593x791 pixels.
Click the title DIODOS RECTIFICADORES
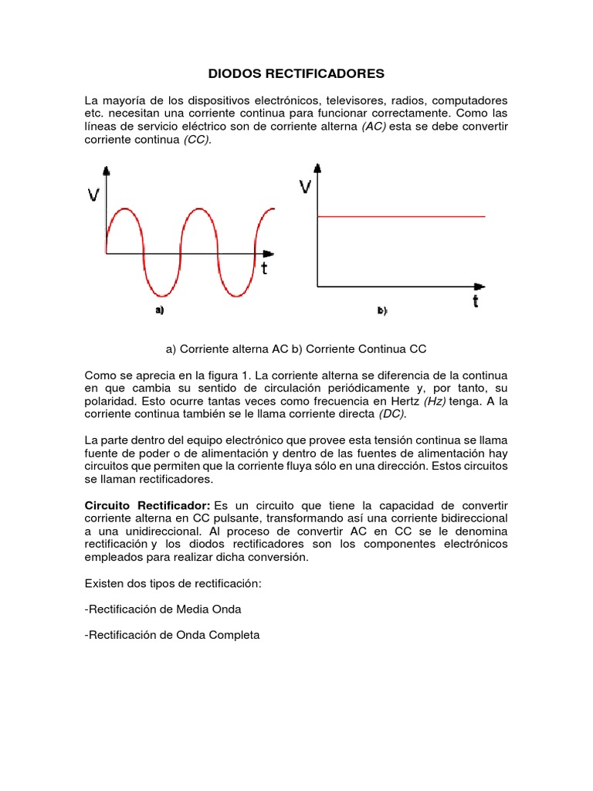coord(296,74)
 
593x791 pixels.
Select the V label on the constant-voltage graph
coord(306,186)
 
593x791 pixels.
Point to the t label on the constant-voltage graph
coord(476,301)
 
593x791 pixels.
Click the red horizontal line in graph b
coord(402,217)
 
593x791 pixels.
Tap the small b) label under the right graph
coord(382,311)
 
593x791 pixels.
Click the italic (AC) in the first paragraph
coord(374,127)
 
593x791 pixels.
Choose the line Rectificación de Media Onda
coord(163,609)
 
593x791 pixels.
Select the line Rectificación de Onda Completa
coord(172,635)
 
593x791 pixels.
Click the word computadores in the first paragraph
coord(470,100)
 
